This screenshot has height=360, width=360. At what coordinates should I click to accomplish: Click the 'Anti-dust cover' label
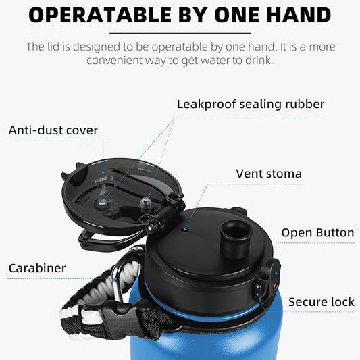53,130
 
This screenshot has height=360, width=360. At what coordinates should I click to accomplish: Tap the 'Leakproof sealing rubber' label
251,104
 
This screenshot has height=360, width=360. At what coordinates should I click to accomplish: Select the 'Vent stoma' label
269,174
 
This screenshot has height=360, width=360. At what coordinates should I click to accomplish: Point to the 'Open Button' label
317,233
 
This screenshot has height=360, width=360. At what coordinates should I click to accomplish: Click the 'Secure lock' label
322,302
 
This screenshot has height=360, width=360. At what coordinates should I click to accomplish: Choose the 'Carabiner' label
37,268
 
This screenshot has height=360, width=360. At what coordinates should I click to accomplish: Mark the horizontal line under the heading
180,32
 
